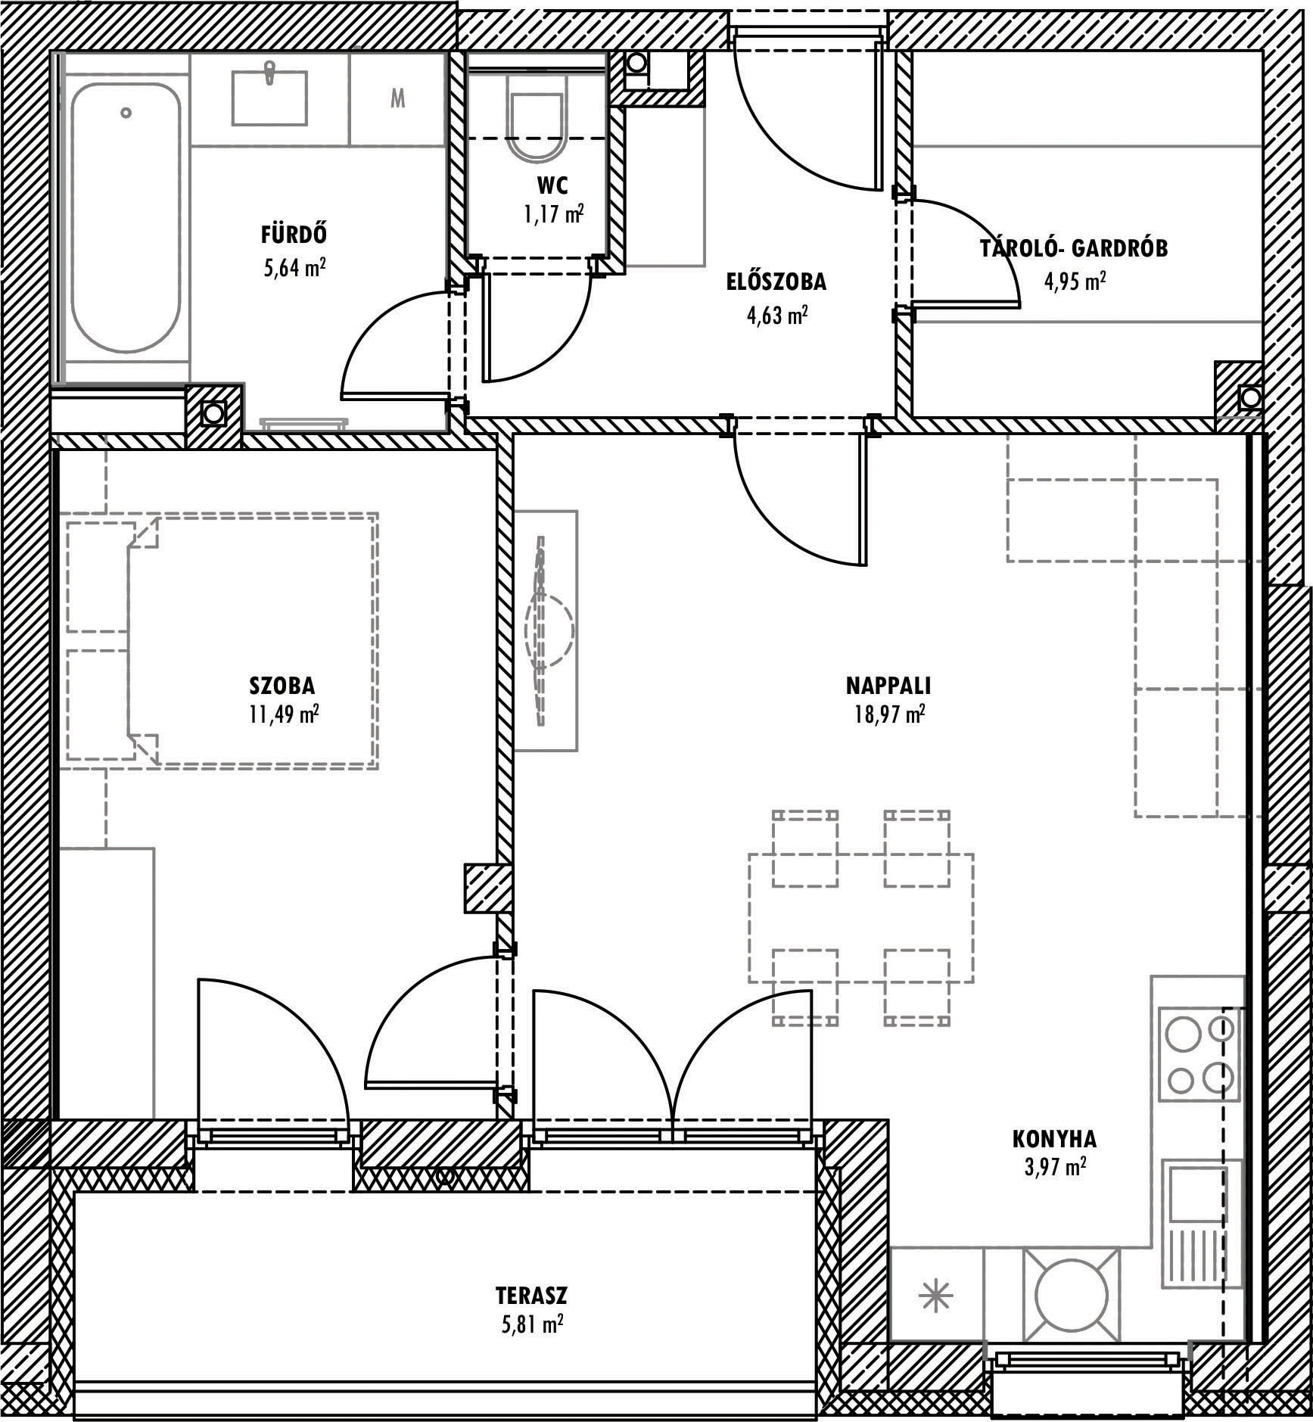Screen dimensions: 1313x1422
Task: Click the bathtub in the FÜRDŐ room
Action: pyautogui.click(x=126, y=217)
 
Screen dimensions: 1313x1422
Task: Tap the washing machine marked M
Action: pyautogui.click(x=397, y=98)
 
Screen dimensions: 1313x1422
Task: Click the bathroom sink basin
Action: pyautogui.click(x=269, y=98)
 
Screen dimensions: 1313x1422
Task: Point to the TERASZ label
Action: pyautogui.click(x=532, y=1296)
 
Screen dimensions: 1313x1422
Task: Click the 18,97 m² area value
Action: pyautogui.click(x=886, y=714)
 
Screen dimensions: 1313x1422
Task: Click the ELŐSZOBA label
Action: pyautogui.click(x=776, y=282)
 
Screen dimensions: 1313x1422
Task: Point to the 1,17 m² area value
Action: pyautogui.click(x=553, y=215)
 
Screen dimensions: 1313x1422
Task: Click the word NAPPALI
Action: pyautogui.click(x=888, y=686)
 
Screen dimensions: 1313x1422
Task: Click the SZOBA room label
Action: pyautogui.click(x=282, y=686)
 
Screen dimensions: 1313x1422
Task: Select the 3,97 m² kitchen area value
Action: pyautogui.click(x=1055, y=1187)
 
